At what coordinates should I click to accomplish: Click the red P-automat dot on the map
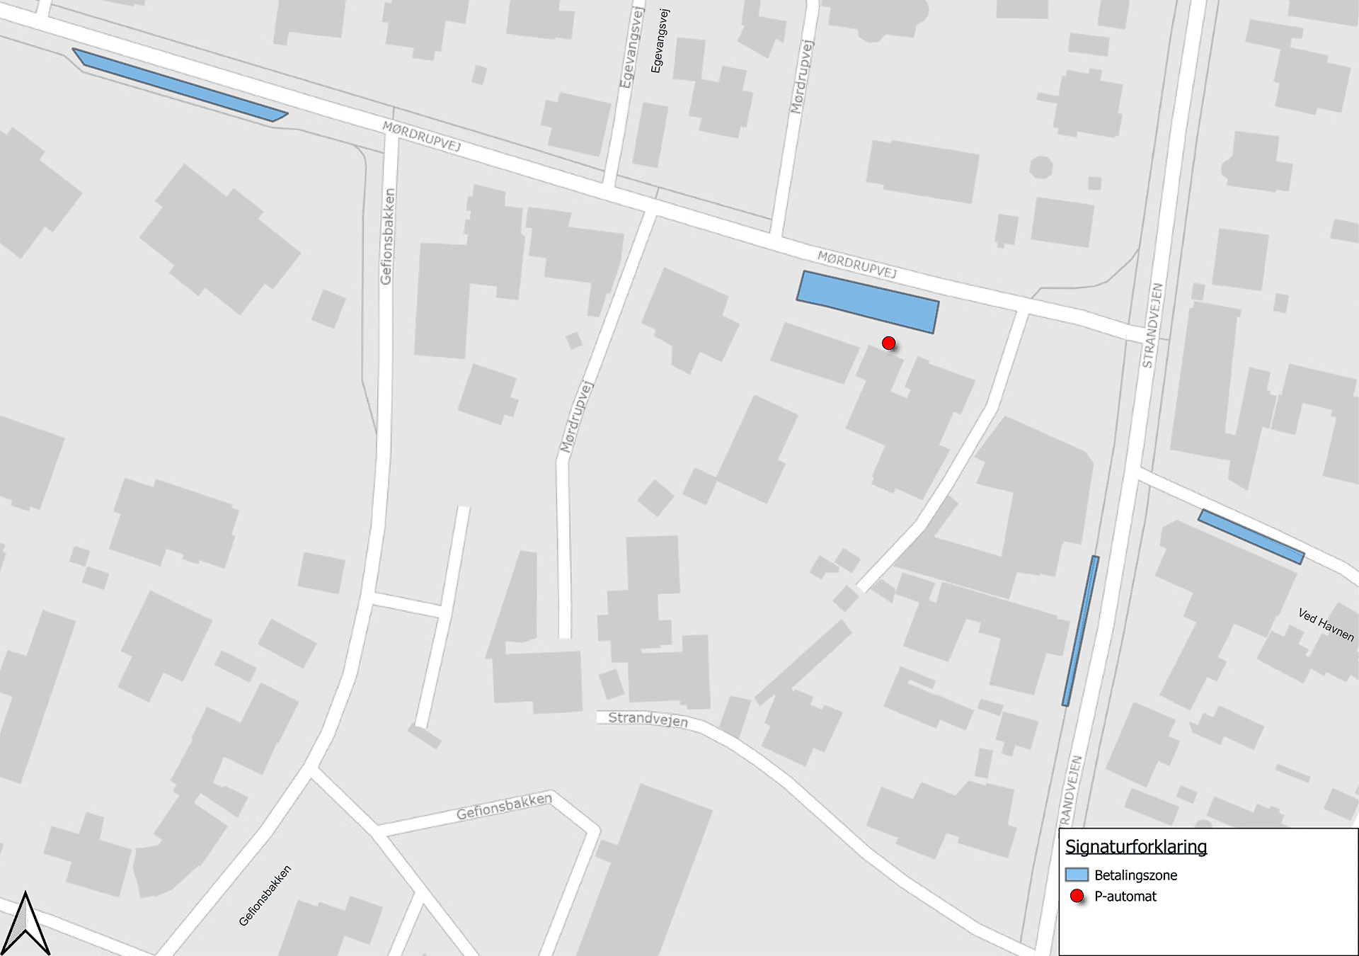click(x=889, y=343)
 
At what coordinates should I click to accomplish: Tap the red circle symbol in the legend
click(x=1077, y=897)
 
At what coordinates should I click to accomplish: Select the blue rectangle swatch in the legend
click(x=1077, y=875)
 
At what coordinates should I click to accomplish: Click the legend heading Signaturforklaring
click(x=1135, y=847)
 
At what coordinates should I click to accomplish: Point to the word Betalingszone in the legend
click(x=1135, y=875)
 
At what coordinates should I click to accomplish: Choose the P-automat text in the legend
click(x=1125, y=897)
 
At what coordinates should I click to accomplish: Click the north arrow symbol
click(x=25, y=923)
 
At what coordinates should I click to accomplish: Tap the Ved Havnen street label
click(x=1326, y=625)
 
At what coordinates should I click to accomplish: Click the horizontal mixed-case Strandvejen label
click(x=648, y=719)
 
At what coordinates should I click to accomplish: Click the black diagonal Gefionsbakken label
click(x=265, y=896)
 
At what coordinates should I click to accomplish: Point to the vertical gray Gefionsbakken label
click(x=387, y=237)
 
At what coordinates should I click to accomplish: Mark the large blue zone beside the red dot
click(x=868, y=302)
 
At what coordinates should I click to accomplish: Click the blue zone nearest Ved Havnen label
click(x=1251, y=537)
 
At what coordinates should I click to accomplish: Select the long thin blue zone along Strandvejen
click(x=1080, y=631)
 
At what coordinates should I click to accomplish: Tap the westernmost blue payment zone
click(x=180, y=85)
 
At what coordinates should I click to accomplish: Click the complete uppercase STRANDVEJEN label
click(x=1152, y=325)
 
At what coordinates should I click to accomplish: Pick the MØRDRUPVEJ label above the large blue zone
click(x=856, y=264)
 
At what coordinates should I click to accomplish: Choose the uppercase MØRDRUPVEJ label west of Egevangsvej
click(x=421, y=136)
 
